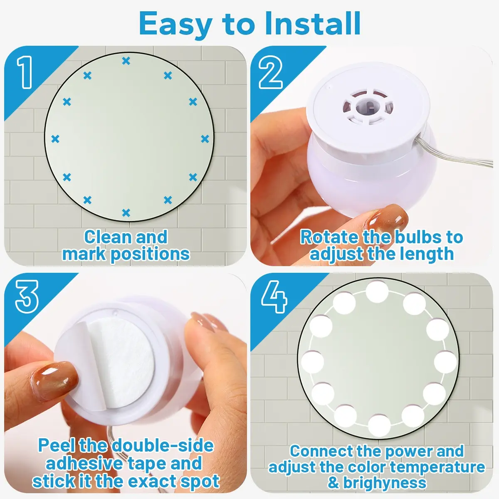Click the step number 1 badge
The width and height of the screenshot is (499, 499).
(25, 72)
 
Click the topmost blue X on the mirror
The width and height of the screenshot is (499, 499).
(126, 61)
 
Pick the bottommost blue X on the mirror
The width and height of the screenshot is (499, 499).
(126, 213)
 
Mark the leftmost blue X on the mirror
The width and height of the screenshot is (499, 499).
(55, 139)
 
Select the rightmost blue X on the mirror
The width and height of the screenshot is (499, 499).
(205, 139)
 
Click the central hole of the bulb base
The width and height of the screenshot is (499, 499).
(368, 106)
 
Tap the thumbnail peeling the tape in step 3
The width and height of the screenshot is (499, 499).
(54, 381)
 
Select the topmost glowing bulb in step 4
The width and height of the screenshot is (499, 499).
(377, 292)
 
